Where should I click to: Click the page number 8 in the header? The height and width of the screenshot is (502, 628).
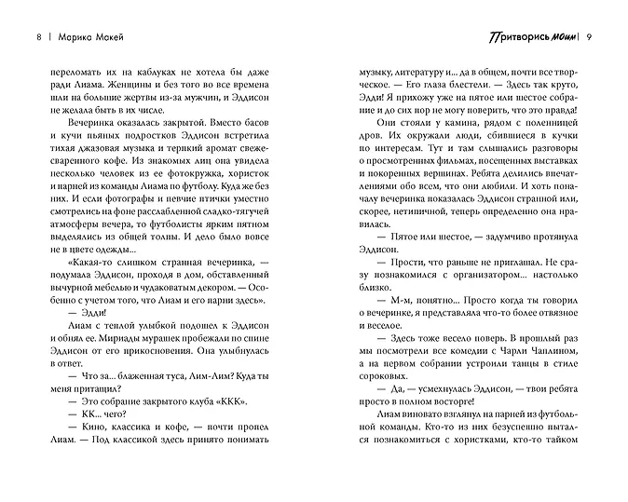37,37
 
